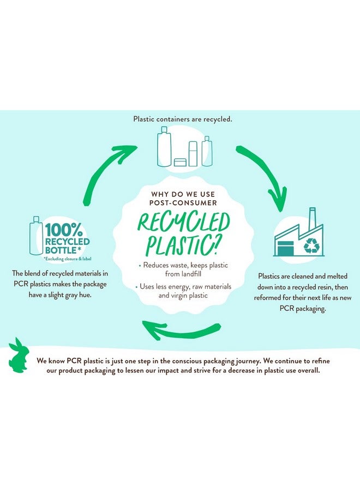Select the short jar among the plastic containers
pos(180,162)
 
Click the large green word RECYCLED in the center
pos(183,223)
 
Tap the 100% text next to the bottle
pos(64,230)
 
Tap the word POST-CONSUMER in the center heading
pos(183,203)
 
